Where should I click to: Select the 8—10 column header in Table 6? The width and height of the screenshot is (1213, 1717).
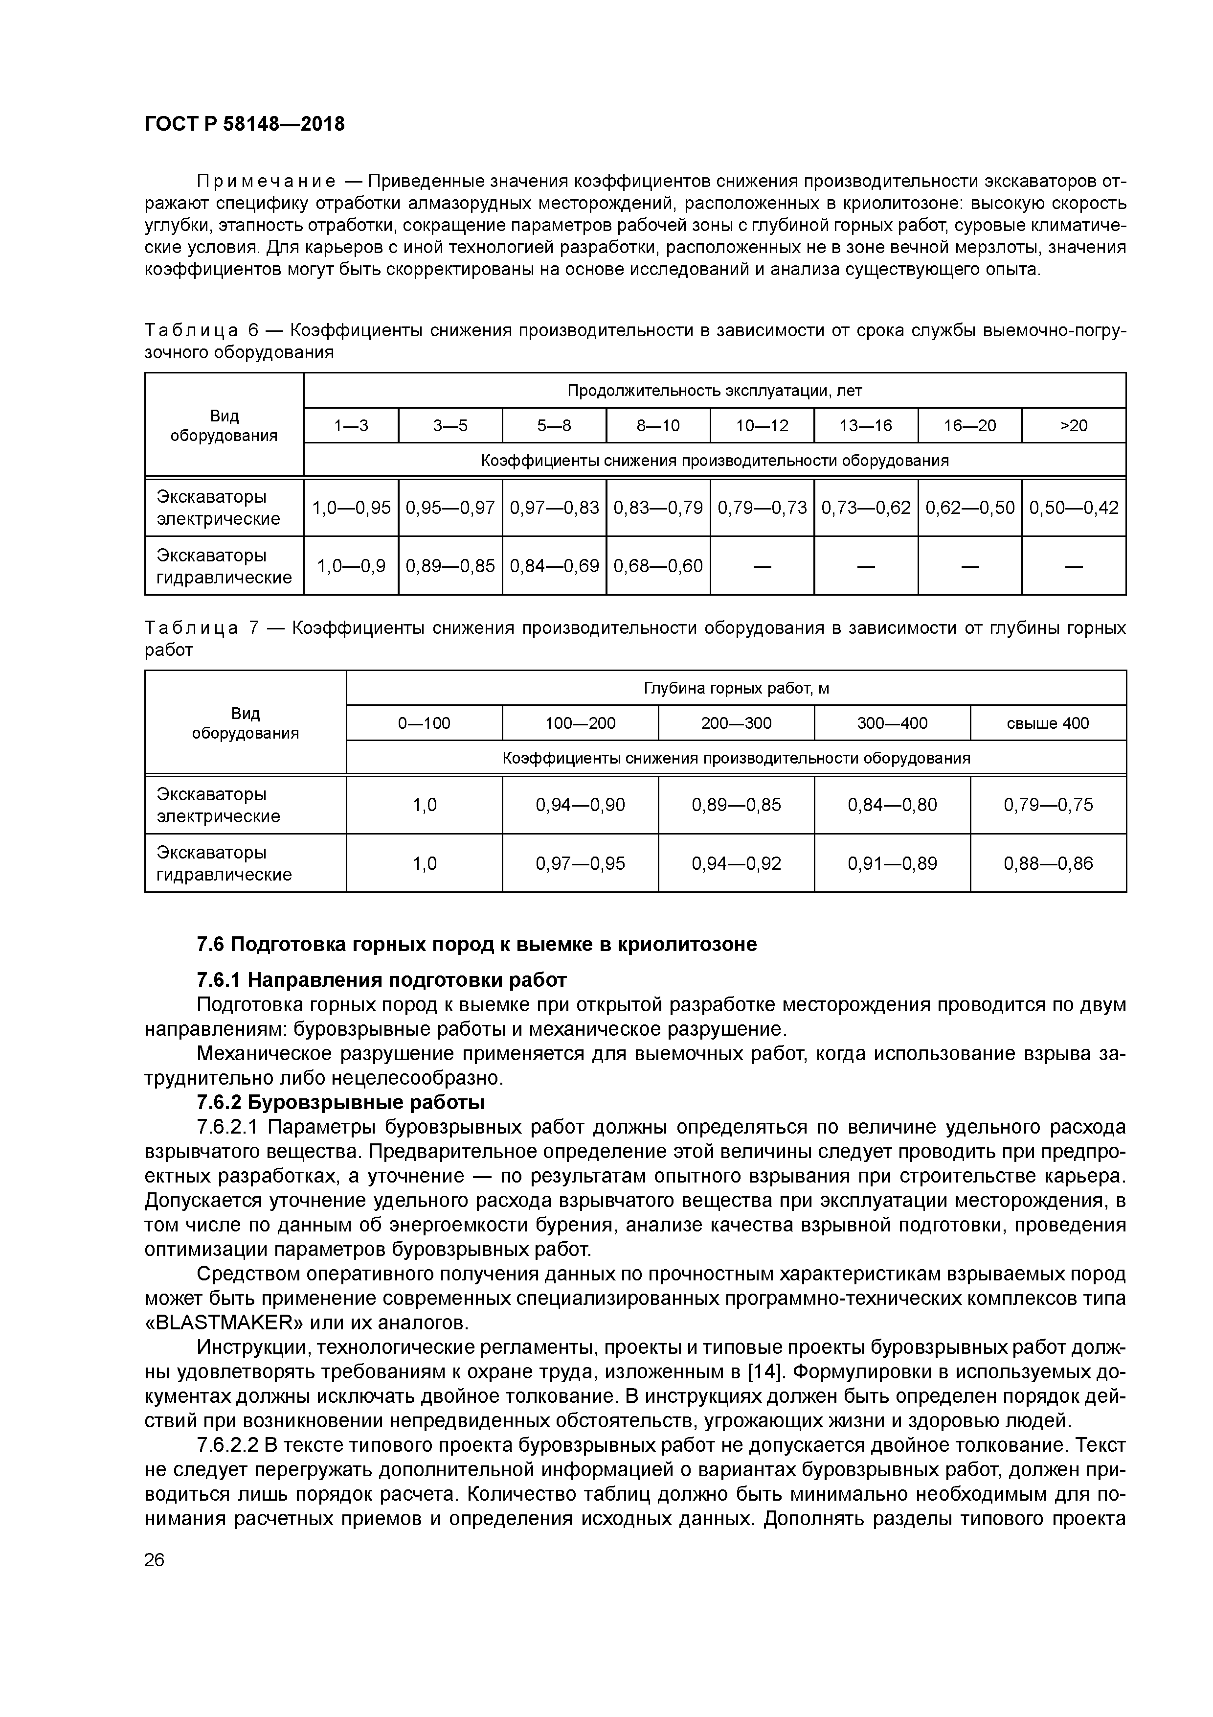658,425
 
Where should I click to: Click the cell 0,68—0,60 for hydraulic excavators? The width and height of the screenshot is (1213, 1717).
658,566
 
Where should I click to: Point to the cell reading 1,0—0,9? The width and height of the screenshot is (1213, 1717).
351,566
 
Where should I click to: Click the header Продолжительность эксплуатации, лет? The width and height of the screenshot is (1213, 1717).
715,391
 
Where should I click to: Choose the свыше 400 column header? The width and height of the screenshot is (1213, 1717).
1048,723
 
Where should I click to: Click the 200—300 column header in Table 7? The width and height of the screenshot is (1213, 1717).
736,723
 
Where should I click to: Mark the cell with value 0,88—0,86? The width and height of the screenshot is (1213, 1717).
1048,864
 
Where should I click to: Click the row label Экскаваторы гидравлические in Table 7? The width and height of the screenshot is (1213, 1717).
224,864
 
